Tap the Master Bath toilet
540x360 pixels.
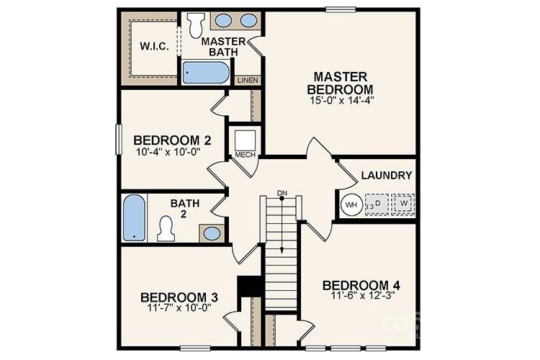[194, 26]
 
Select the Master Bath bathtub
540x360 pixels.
[205, 72]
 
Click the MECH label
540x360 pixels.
[243, 154]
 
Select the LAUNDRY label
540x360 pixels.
[386, 175]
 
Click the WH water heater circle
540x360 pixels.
[351, 204]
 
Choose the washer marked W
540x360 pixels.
[403, 203]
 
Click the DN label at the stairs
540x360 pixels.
[282, 192]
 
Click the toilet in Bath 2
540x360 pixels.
[167, 229]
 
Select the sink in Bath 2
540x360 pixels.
[211, 233]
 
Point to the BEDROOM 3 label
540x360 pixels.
[179, 297]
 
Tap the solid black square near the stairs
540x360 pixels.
[248, 285]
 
